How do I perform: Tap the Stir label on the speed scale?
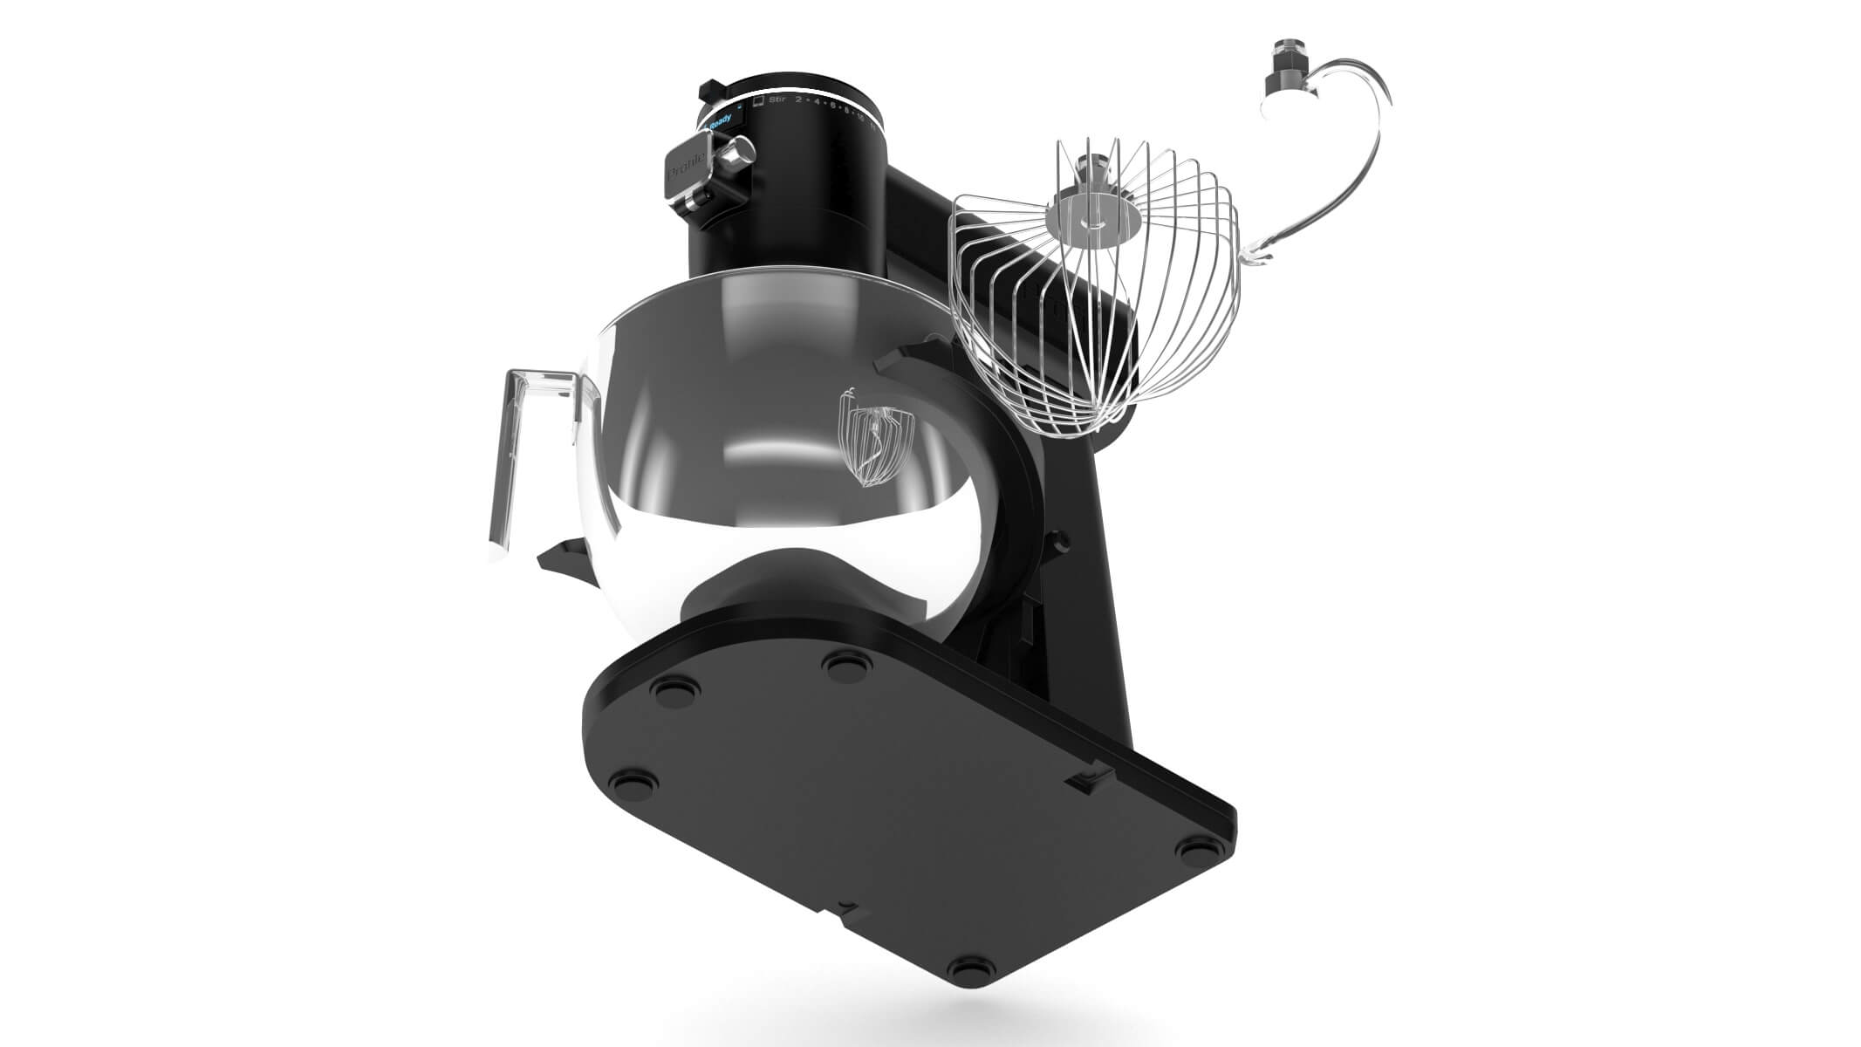[x=777, y=101]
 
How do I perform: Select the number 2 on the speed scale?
[x=798, y=102]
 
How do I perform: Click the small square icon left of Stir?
[x=758, y=101]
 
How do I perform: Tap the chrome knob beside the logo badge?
[x=736, y=158]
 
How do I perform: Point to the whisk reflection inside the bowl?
[x=872, y=445]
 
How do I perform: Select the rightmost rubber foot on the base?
[x=1193, y=847]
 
